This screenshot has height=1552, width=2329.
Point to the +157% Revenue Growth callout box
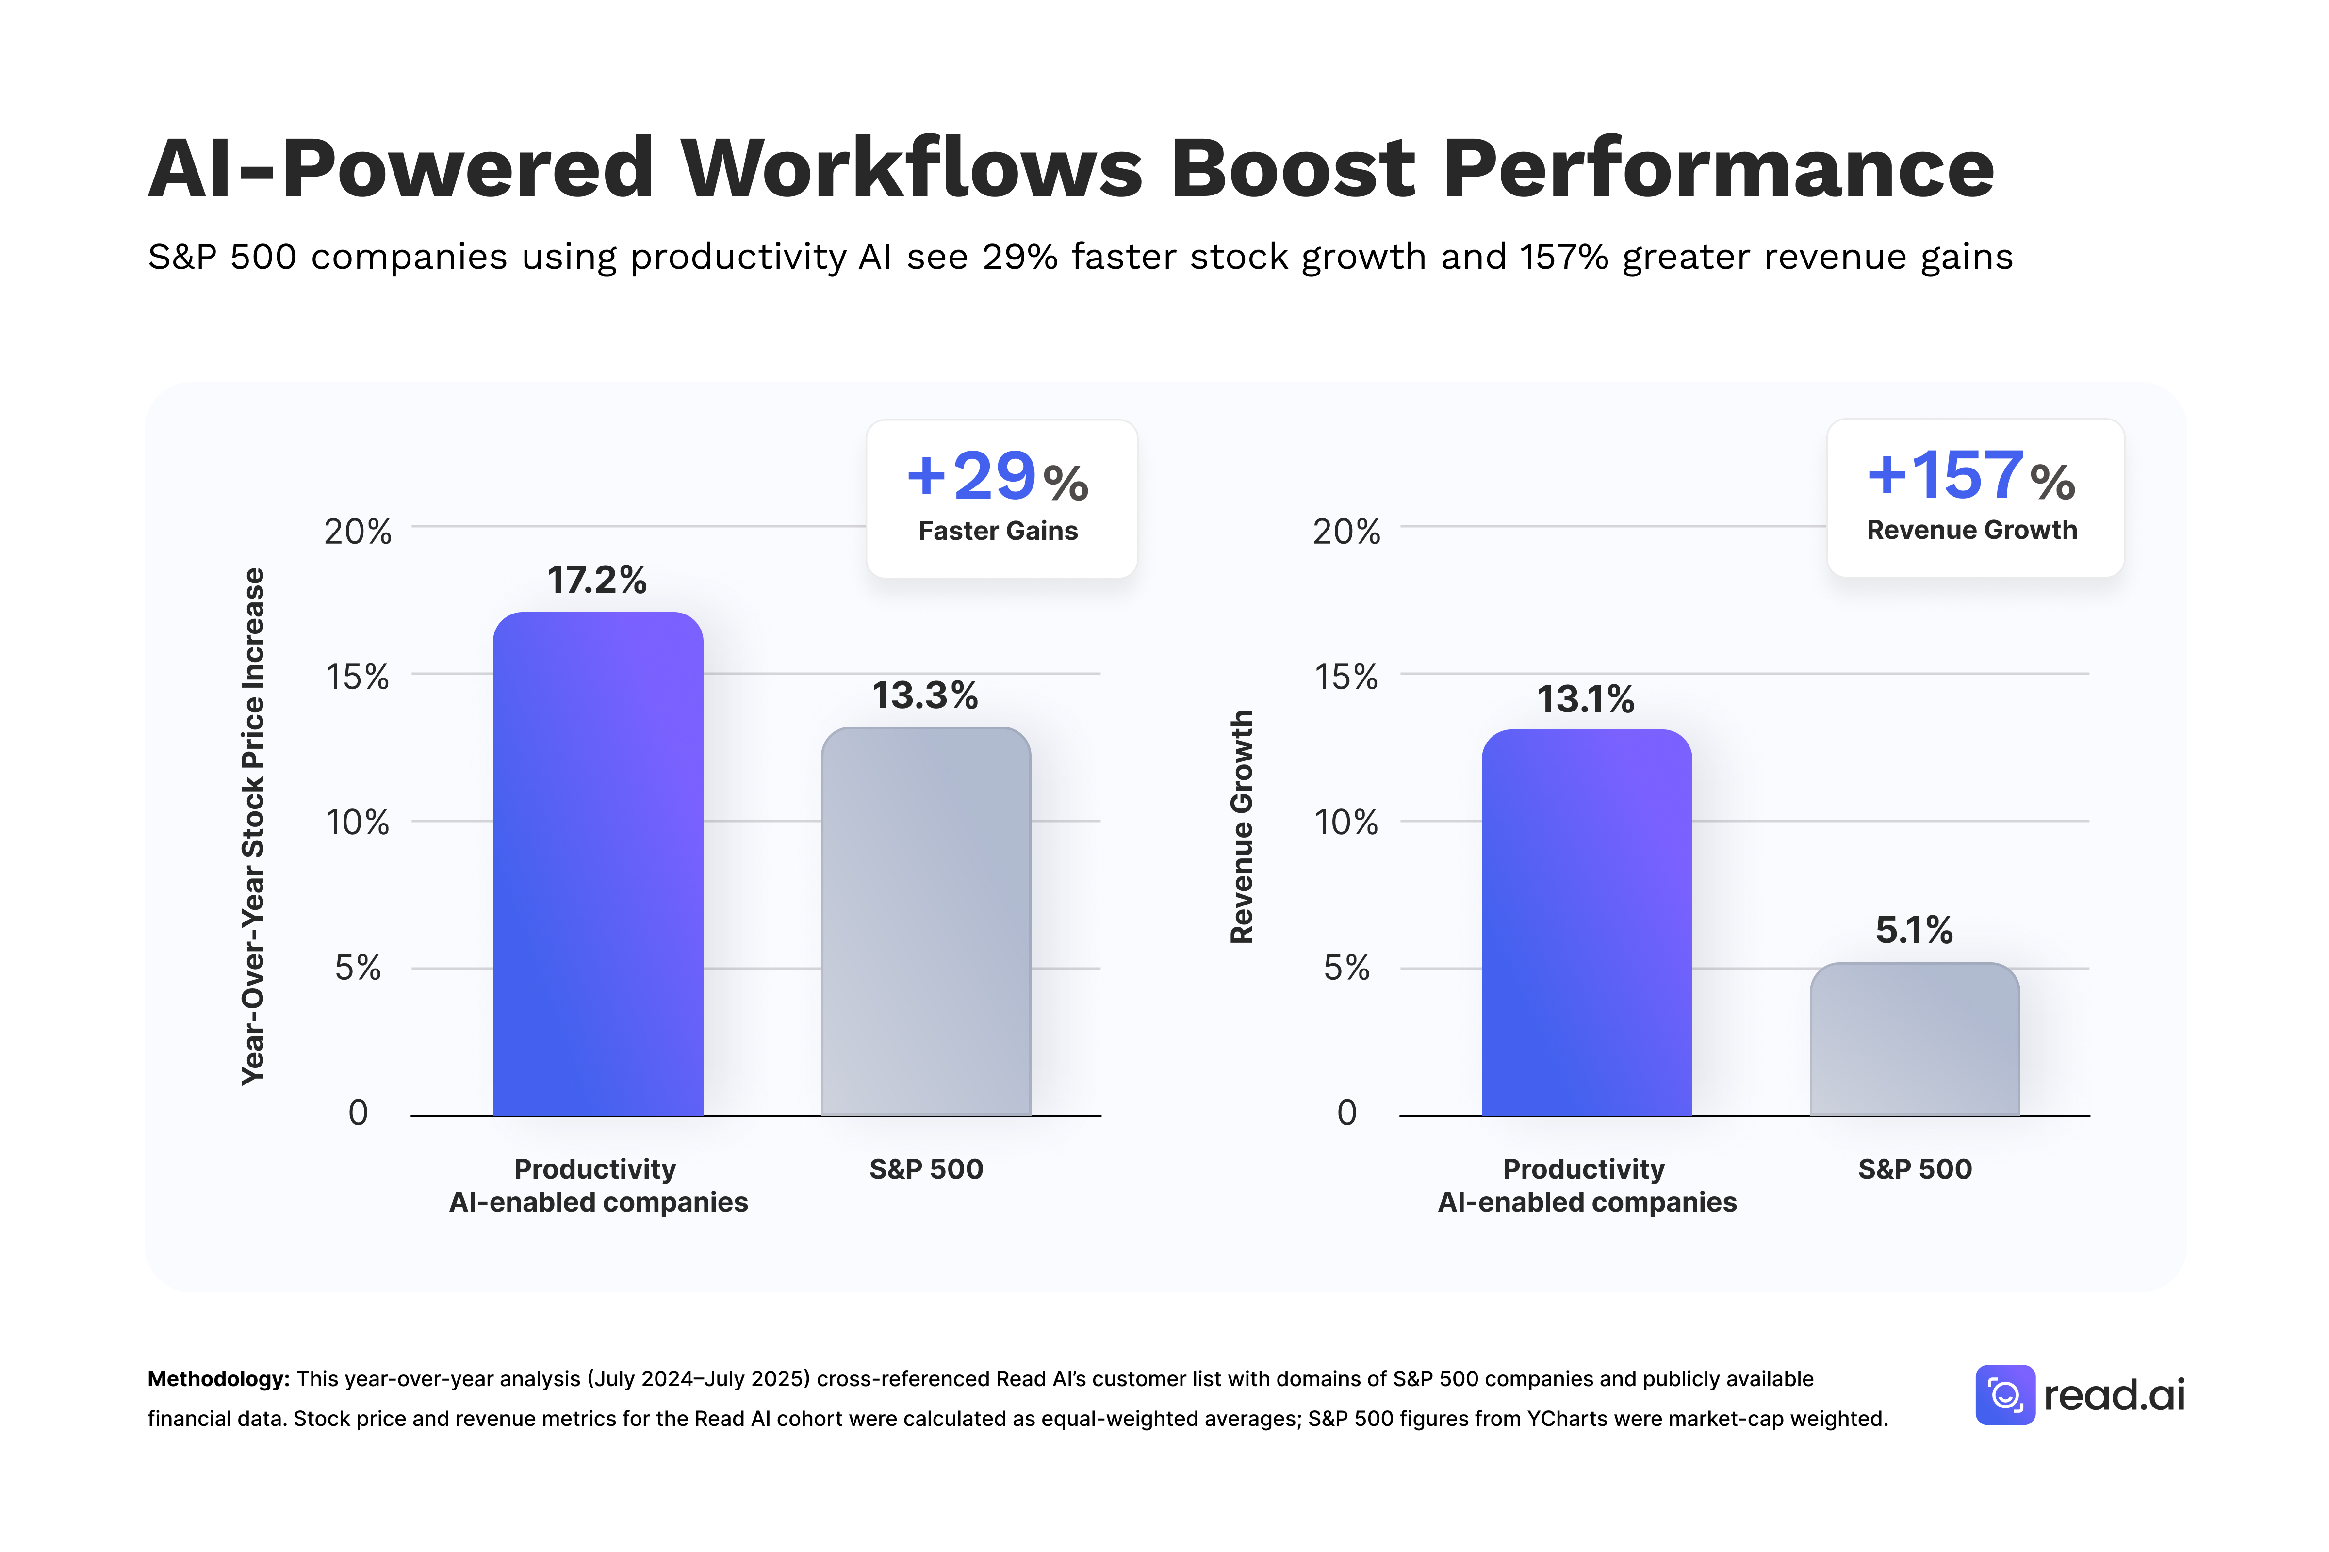[x=1974, y=498]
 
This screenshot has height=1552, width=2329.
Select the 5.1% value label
[x=1913, y=929]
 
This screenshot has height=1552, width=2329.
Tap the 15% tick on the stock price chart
[x=358, y=677]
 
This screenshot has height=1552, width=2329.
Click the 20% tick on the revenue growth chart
[x=1345, y=532]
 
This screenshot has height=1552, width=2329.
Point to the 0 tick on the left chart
[x=358, y=1113]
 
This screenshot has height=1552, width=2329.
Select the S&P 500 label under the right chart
[x=1914, y=1169]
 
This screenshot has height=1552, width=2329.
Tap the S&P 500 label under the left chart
[x=926, y=1169]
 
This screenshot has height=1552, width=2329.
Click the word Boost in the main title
[x=1292, y=168]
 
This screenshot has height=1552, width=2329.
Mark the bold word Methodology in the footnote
[x=218, y=1379]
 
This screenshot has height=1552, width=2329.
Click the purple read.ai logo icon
[x=2004, y=1395]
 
